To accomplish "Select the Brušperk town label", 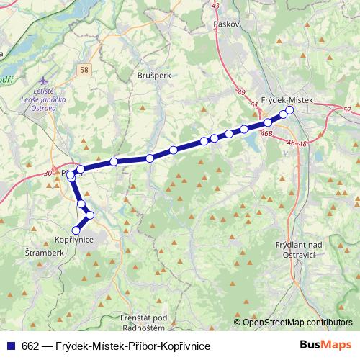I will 153,74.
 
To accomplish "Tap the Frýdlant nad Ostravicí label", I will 296,250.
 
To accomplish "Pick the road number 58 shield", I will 86,69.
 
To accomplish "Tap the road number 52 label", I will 347,109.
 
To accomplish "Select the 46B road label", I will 266,133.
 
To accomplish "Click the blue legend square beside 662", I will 12,345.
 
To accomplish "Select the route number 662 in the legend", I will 31,345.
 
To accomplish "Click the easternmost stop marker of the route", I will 290,110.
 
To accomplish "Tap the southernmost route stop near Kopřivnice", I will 76,230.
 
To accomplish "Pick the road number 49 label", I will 241,92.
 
